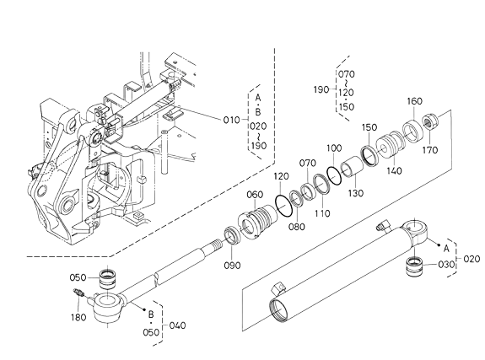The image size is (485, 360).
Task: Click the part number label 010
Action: click(232, 120)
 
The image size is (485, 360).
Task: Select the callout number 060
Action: click(255, 195)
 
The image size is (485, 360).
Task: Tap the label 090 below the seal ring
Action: click(232, 266)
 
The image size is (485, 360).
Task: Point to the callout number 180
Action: click(78, 317)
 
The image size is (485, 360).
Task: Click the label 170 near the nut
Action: click(430, 150)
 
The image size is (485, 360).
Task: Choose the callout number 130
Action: click(356, 193)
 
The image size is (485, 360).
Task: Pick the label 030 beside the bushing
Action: click(446, 265)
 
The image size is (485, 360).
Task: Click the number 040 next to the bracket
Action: click(177, 325)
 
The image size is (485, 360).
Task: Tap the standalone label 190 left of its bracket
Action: click(321, 89)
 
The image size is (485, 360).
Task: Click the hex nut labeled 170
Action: click(430, 121)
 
